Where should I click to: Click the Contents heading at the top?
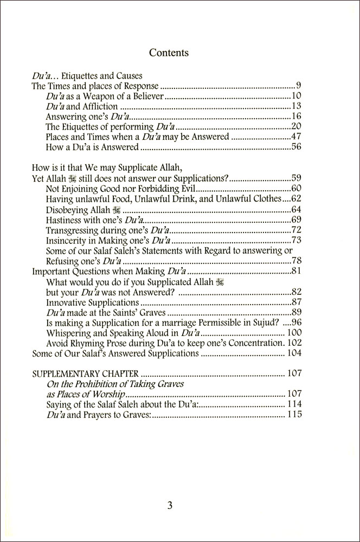tap(169, 53)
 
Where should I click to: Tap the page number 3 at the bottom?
tap(169, 506)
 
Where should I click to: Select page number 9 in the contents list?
tap(299, 86)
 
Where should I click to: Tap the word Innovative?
tap(66, 302)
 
